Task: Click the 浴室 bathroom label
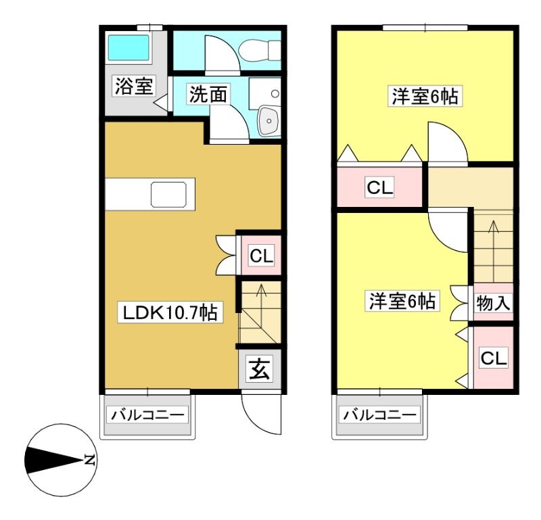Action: coord(134,86)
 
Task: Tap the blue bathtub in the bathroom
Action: coord(128,47)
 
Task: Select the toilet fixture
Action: coord(260,50)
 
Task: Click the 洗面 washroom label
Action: coord(208,94)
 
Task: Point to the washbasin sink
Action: coord(268,120)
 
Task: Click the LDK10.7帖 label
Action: coord(170,312)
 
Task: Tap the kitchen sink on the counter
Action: coord(168,195)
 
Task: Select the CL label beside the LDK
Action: coord(262,256)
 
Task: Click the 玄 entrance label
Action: coord(260,368)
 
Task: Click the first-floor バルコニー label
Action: coord(147,415)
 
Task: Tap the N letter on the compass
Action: coord(91,460)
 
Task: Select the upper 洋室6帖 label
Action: coord(425,97)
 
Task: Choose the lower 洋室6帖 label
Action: coord(402,302)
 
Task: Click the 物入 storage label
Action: coord(494,304)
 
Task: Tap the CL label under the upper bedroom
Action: coord(380,188)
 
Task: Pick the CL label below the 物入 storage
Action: coord(494,358)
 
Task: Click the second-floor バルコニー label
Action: coord(379,415)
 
